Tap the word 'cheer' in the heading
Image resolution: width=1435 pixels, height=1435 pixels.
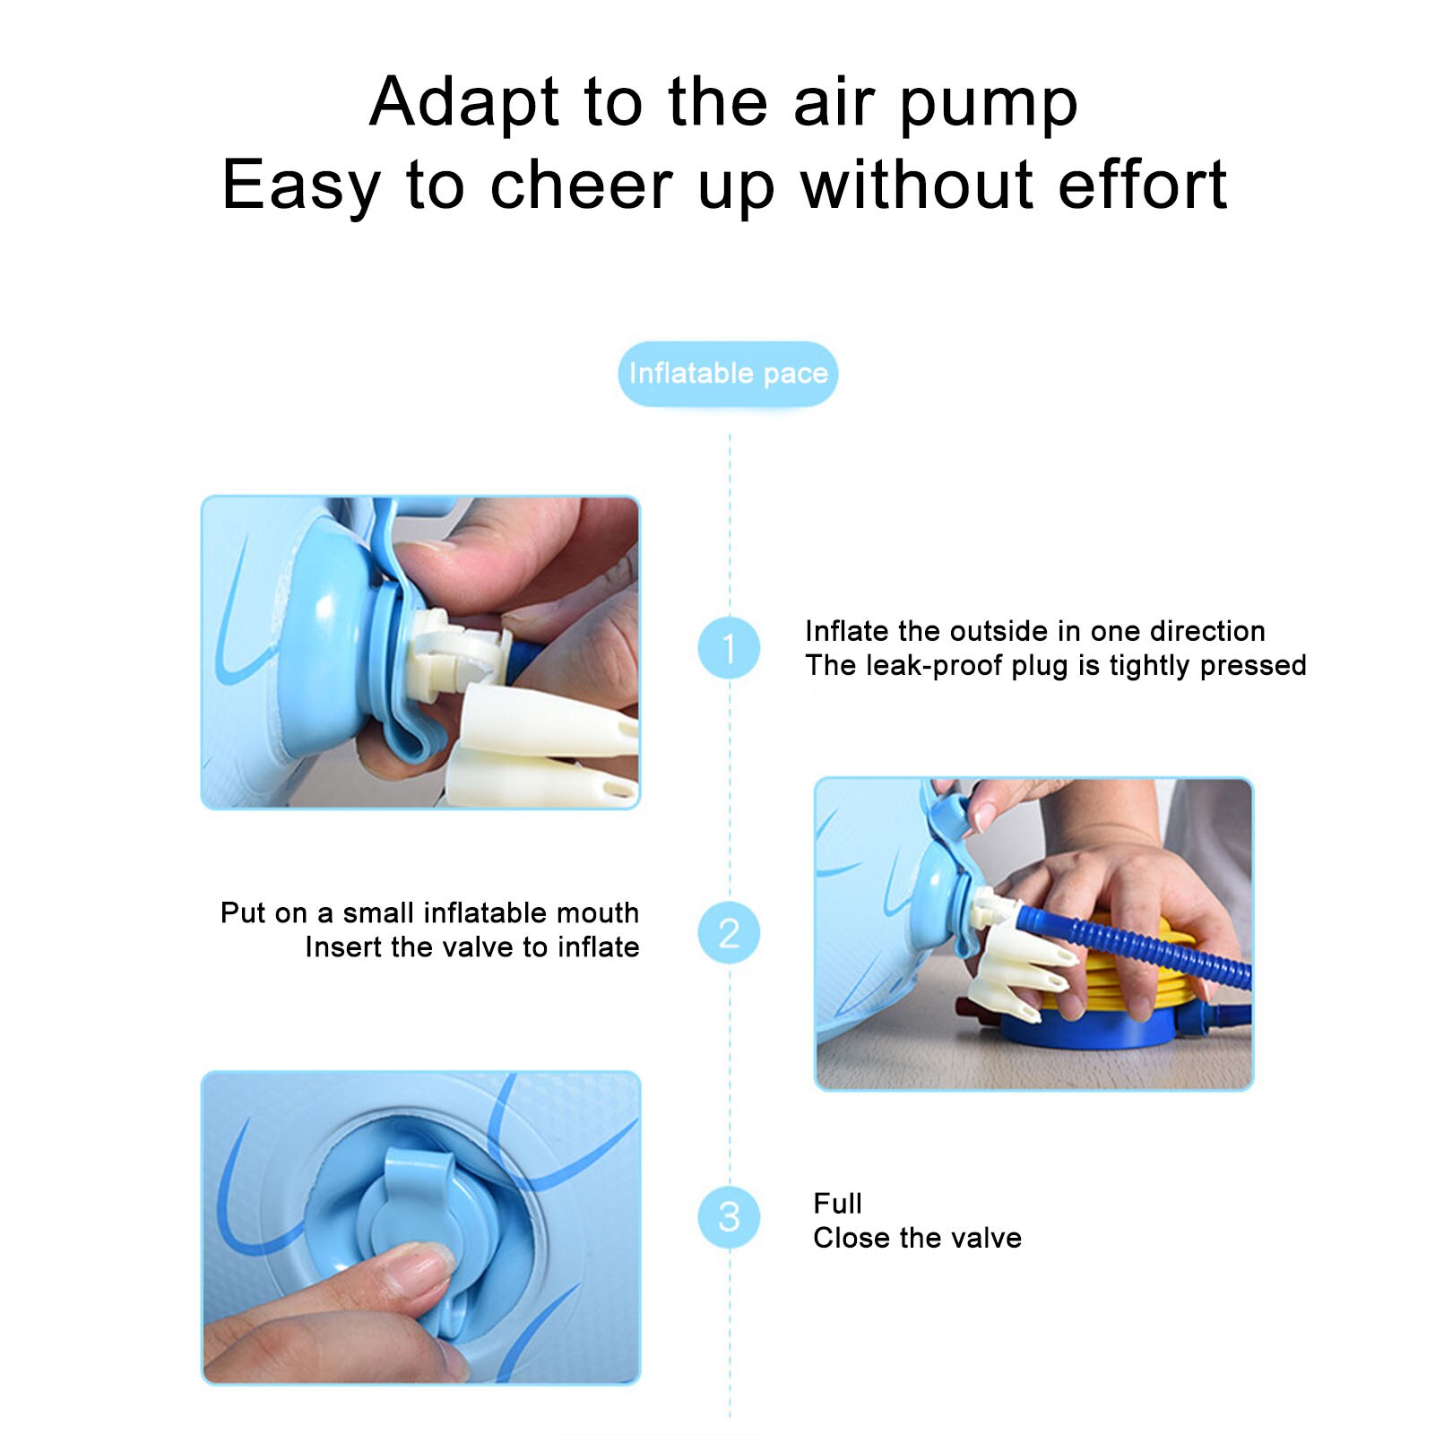click(x=581, y=186)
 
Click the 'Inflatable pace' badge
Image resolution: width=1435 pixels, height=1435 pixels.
click(x=728, y=373)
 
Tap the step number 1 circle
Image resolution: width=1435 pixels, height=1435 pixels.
click(x=729, y=647)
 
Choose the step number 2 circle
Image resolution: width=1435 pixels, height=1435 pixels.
click(x=729, y=932)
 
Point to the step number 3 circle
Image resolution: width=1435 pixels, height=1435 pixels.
click(x=729, y=1216)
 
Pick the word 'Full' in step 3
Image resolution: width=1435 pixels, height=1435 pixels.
click(x=837, y=1203)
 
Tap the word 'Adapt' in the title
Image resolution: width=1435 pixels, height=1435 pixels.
click(x=464, y=105)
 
